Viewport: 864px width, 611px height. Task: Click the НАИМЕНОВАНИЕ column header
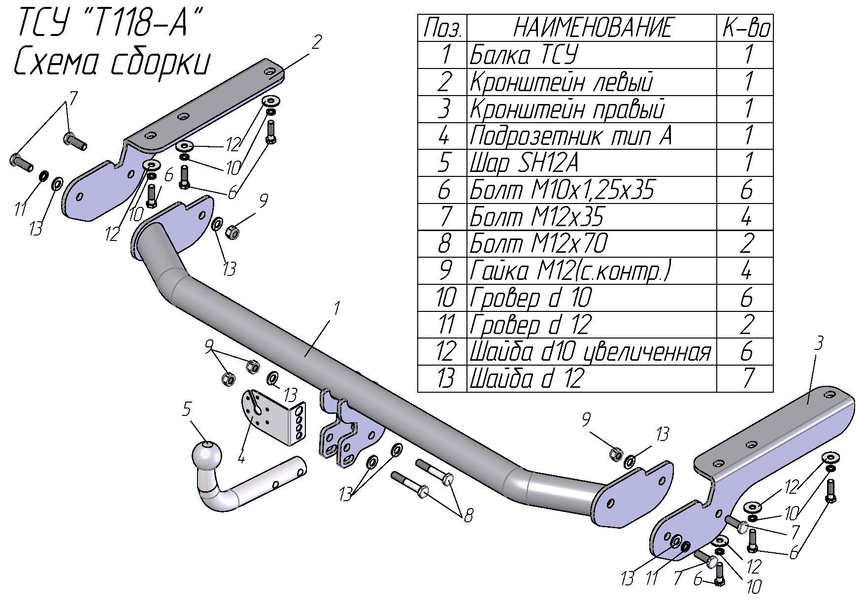592,28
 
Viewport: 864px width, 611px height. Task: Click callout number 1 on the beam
337,309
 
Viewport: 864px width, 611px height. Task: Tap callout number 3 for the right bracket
818,343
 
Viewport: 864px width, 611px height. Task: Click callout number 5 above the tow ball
186,409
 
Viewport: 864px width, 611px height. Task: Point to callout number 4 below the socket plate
241,458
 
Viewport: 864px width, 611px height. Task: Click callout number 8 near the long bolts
468,515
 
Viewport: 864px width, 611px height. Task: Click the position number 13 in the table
443,378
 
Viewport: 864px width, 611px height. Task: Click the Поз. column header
442,28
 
